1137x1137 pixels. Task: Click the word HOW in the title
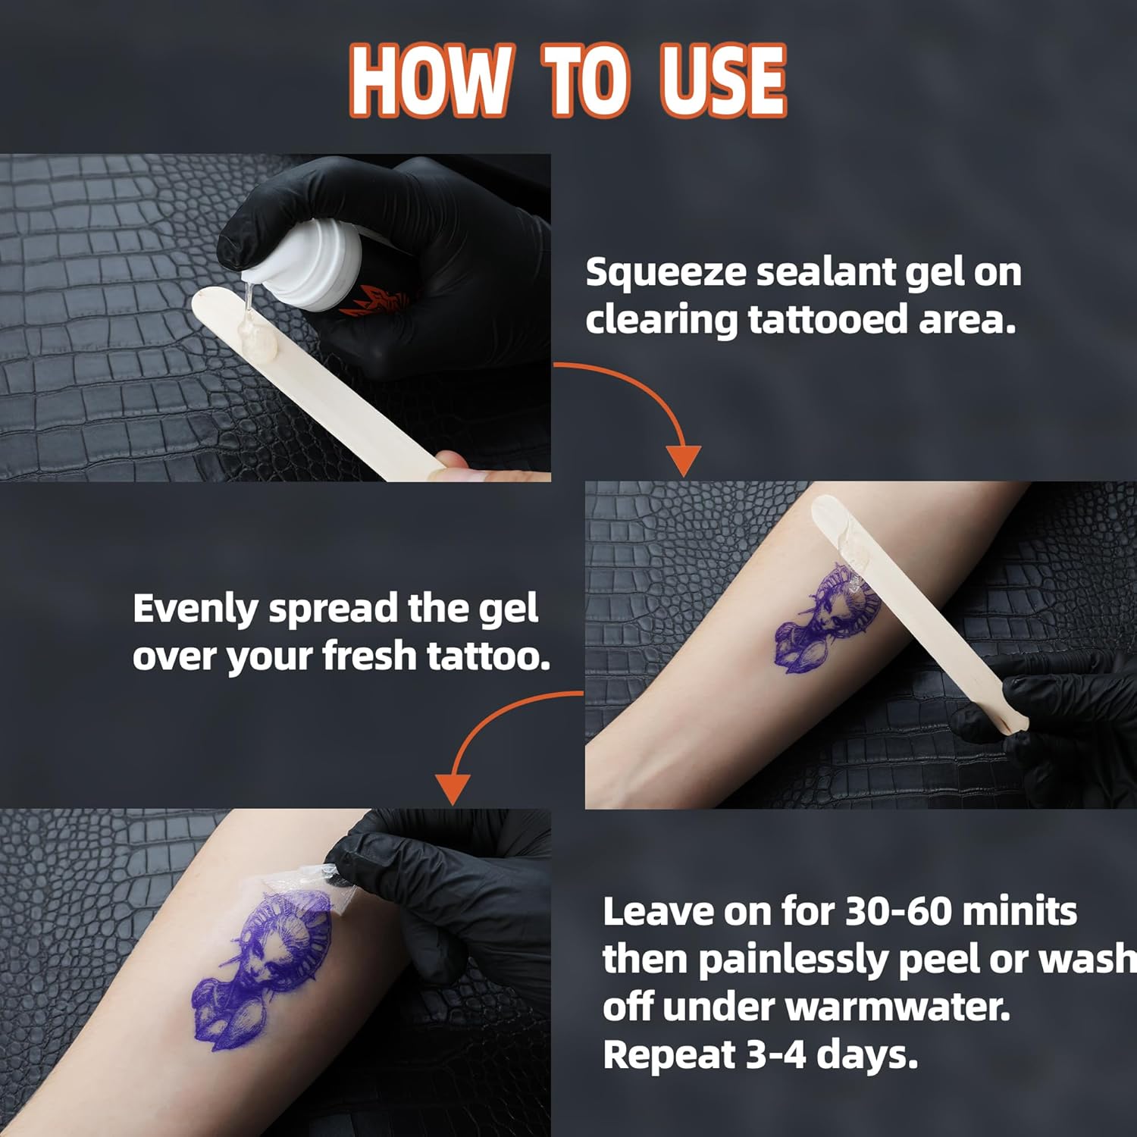(x=429, y=80)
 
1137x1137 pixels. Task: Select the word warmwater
(x=897, y=1007)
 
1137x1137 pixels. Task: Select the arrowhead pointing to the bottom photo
(x=453, y=788)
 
